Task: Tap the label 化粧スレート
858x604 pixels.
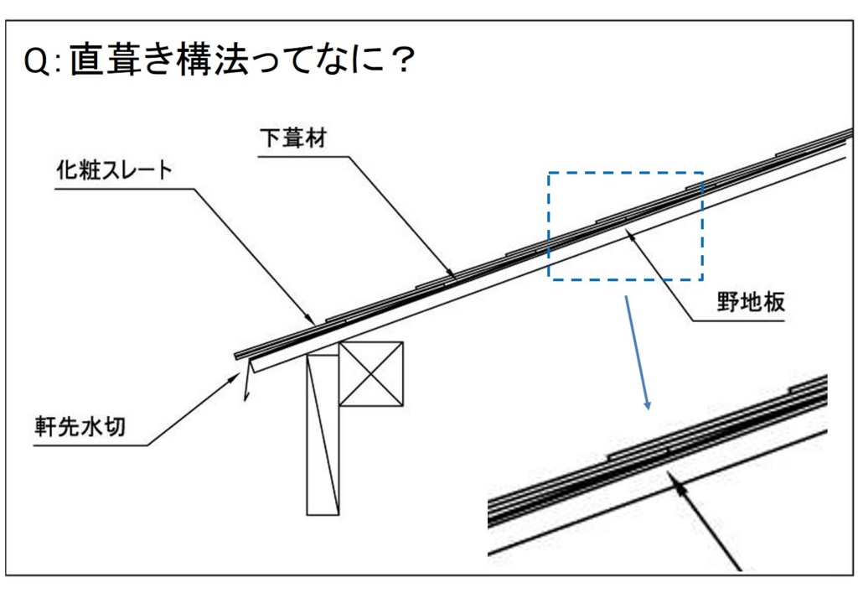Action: click(113, 170)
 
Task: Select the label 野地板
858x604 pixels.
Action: click(751, 302)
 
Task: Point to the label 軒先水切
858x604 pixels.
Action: click(80, 426)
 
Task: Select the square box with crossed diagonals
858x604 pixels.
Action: click(371, 373)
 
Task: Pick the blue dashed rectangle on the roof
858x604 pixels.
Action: click(625, 225)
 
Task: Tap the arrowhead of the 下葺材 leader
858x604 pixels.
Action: click(453, 274)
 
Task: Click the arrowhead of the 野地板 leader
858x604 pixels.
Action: click(630, 235)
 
